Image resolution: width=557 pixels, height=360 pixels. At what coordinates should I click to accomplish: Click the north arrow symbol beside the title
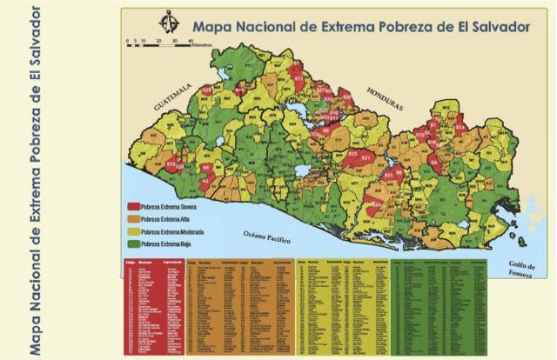point(166,21)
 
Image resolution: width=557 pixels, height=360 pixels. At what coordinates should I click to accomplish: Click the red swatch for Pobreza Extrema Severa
point(134,209)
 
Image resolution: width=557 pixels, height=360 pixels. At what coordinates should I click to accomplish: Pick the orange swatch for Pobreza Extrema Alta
point(134,221)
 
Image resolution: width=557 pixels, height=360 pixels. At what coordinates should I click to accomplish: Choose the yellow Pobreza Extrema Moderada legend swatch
point(134,232)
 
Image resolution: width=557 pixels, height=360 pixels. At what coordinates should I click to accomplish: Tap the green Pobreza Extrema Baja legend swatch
point(134,244)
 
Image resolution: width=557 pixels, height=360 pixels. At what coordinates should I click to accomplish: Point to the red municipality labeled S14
point(460,127)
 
